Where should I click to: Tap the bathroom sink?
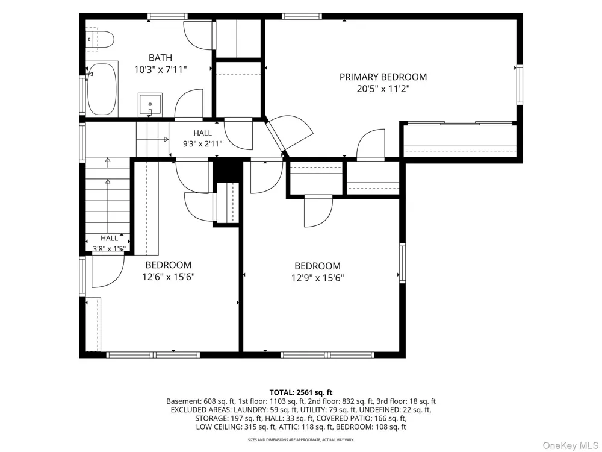(x=150, y=104)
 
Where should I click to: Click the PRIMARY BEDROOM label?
(x=383, y=77)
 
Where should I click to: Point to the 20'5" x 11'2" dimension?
(x=383, y=89)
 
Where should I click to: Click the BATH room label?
(x=160, y=58)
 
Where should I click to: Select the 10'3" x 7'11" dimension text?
(x=160, y=70)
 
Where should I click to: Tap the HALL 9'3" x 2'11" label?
(x=202, y=139)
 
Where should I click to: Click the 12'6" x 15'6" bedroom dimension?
(x=169, y=277)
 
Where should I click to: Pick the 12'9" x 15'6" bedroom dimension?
(x=317, y=278)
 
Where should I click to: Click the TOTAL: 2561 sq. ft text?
(x=300, y=392)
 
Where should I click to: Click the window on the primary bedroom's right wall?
(x=520, y=85)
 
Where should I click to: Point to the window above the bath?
(x=167, y=16)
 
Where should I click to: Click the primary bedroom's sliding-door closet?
(x=460, y=140)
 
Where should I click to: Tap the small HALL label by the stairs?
(x=110, y=238)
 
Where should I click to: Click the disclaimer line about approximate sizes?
(x=300, y=439)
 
